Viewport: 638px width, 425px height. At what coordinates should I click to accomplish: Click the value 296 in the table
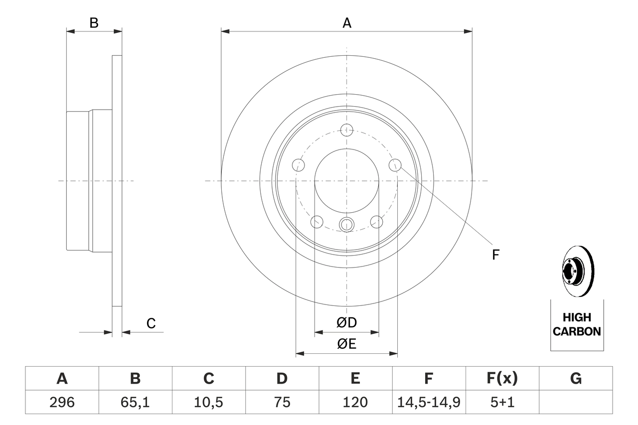tap(62, 402)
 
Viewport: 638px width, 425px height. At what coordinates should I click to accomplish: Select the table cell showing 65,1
tap(135, 402)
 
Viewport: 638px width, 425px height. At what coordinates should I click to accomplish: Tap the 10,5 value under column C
tap(208, 402)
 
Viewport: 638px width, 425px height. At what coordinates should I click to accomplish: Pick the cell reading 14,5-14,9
tap(429, 402)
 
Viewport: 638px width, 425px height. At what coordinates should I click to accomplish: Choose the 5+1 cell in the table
tap(502, 402)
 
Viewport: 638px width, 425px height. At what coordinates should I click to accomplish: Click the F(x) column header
tap(502, 379)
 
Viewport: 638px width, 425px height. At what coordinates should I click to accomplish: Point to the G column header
tap(576, 379)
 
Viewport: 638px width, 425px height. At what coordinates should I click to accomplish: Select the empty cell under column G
tap(576, 402)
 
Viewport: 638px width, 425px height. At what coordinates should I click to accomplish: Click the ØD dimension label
tap(347, 323)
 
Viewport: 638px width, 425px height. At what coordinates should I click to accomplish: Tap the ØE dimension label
tap(347, 344)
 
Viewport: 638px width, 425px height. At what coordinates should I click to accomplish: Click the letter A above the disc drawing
tap(347, 23)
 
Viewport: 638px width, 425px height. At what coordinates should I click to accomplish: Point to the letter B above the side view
tap(94, 23)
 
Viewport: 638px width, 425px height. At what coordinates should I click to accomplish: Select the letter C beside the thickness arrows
tap(151, 323)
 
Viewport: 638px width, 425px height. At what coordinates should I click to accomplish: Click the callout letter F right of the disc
tap(495, 255)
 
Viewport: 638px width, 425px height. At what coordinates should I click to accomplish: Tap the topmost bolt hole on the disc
tap(347, 131)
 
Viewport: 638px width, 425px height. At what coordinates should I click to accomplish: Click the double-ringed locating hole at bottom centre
tap(346, 225)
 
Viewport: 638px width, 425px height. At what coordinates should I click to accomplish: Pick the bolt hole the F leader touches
tap(395, 164)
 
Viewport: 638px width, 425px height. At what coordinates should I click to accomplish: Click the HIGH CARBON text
tap(577, 324)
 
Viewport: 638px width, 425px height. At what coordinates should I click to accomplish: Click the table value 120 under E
tap(355, 402)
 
